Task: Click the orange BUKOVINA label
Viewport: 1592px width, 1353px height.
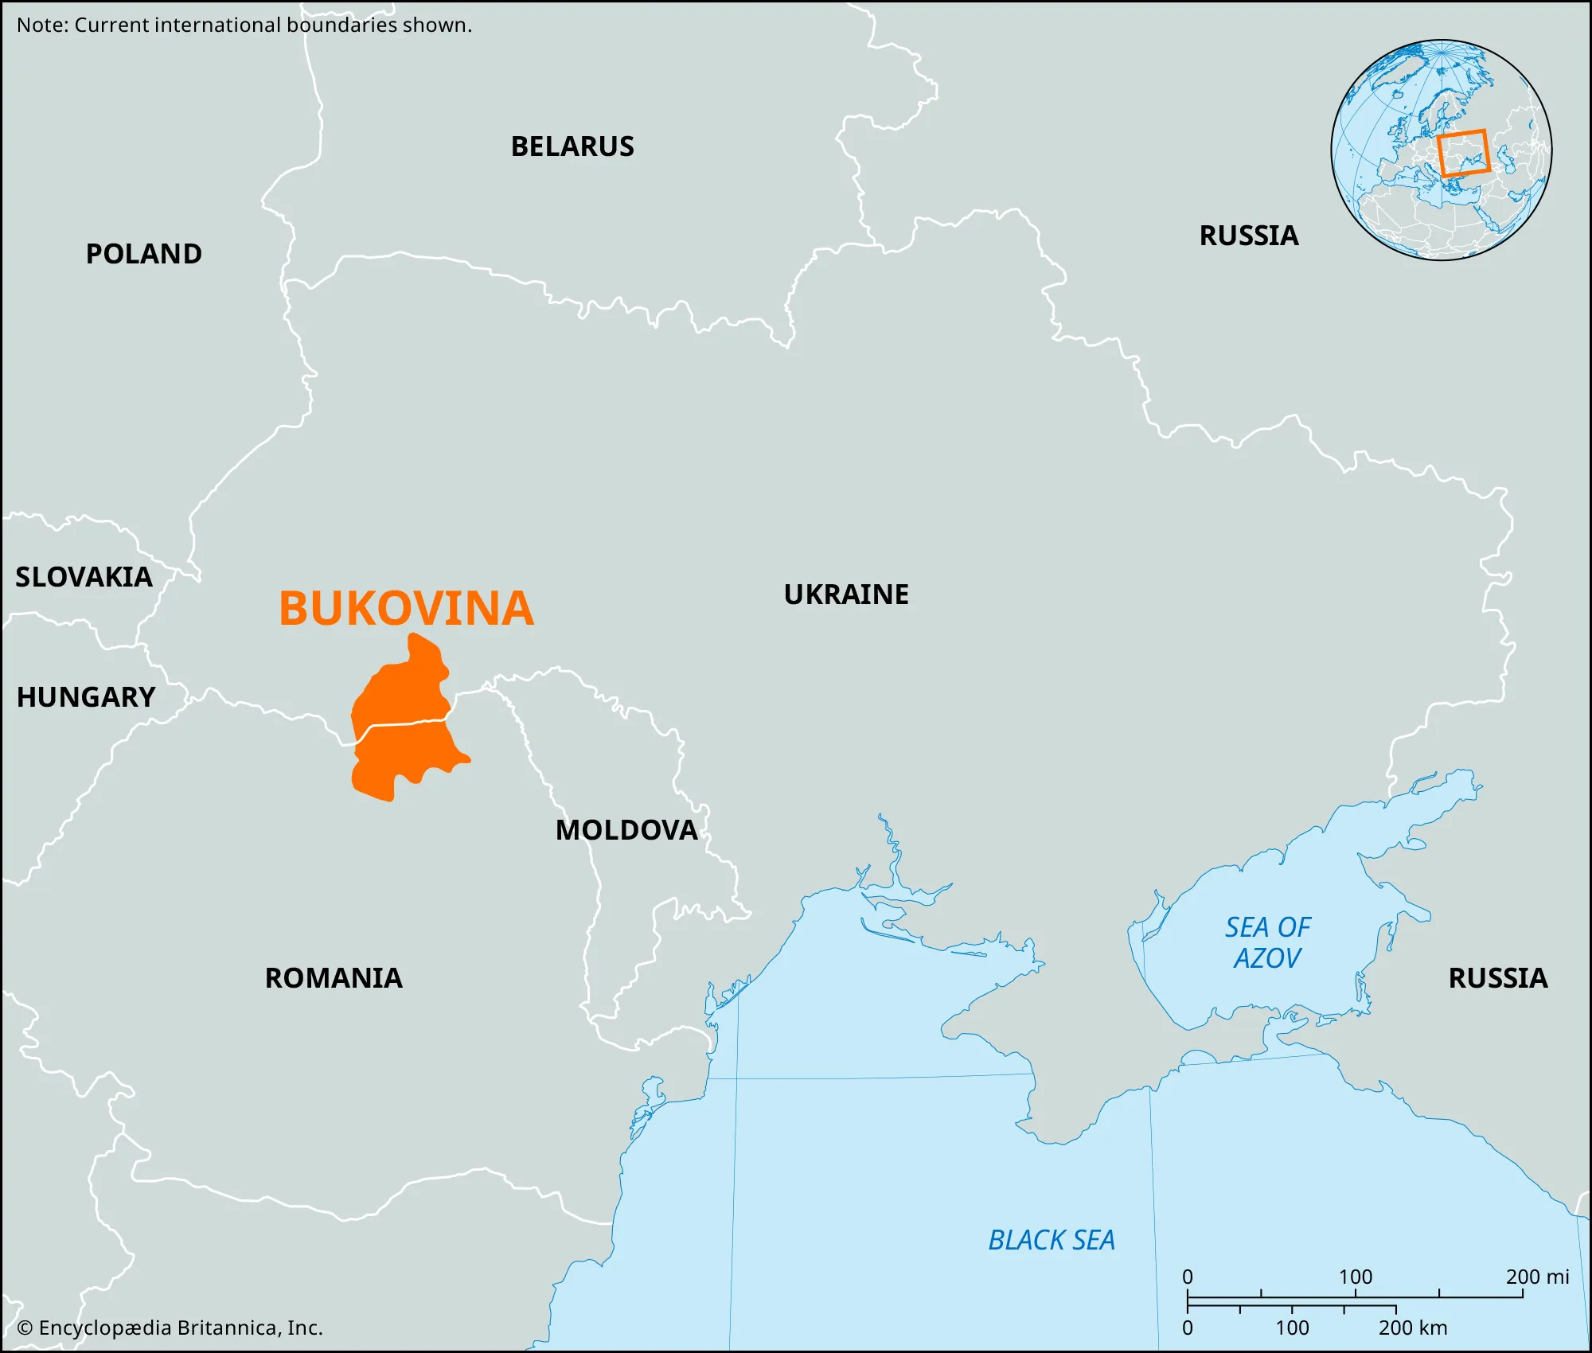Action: [406, 609]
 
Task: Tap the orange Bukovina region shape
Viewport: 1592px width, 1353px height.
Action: [402, 692]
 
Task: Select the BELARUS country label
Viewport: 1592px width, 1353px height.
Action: [572, 146]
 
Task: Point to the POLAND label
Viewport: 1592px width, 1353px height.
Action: [144, 254]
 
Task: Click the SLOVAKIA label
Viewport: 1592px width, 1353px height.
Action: [84, 577]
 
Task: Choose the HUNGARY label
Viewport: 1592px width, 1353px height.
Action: [86, 697]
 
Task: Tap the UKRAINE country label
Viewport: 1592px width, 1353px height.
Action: [846, 595]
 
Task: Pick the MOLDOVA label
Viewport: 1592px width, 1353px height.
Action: [626, 830]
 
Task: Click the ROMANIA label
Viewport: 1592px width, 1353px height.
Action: [334, 978]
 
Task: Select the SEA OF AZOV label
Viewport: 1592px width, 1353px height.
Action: [1267, 943]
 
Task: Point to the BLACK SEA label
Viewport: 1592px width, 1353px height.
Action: [1052, 1240]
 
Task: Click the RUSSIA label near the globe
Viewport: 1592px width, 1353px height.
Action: [1249, 236]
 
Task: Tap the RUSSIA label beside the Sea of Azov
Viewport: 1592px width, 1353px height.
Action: [1498, 978]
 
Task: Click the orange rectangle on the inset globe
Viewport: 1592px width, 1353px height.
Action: [1463, 153]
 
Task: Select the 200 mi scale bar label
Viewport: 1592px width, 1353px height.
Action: [1537, 1277]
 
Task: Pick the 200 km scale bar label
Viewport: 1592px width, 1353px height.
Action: [1413, 1328]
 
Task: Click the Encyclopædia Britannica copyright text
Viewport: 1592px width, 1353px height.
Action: [170, 1328]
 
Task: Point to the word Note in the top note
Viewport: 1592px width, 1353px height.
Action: [41, 25]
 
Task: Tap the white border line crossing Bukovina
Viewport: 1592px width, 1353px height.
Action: [402, 723]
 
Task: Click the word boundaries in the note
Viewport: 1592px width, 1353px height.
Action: [341, 25]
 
